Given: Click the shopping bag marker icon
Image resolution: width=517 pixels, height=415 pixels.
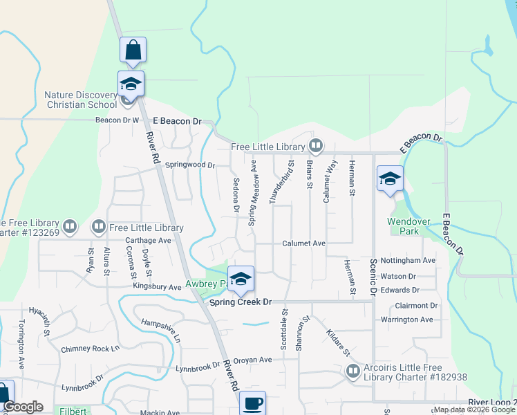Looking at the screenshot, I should click(133, 50).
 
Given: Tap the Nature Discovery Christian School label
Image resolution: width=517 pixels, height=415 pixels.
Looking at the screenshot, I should click(81, 100).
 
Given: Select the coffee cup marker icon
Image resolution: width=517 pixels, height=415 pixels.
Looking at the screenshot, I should click(253, 403).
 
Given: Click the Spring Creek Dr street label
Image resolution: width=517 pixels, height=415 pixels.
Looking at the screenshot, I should click(241, 302).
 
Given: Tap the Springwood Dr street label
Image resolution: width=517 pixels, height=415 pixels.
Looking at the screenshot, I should click(191, 165).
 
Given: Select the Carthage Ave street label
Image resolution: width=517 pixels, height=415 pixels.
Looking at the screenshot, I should click(148, 241).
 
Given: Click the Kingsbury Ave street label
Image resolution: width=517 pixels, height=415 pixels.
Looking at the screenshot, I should click(157, 286).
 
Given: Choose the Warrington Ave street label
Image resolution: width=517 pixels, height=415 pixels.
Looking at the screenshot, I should click(406, 320).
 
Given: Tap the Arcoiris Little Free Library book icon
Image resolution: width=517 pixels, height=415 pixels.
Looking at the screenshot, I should click(353, 371).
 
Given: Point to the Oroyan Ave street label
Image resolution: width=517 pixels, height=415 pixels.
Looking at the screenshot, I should click(252, 360).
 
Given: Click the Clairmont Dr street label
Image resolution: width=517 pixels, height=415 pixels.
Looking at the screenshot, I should click(416, 305).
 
